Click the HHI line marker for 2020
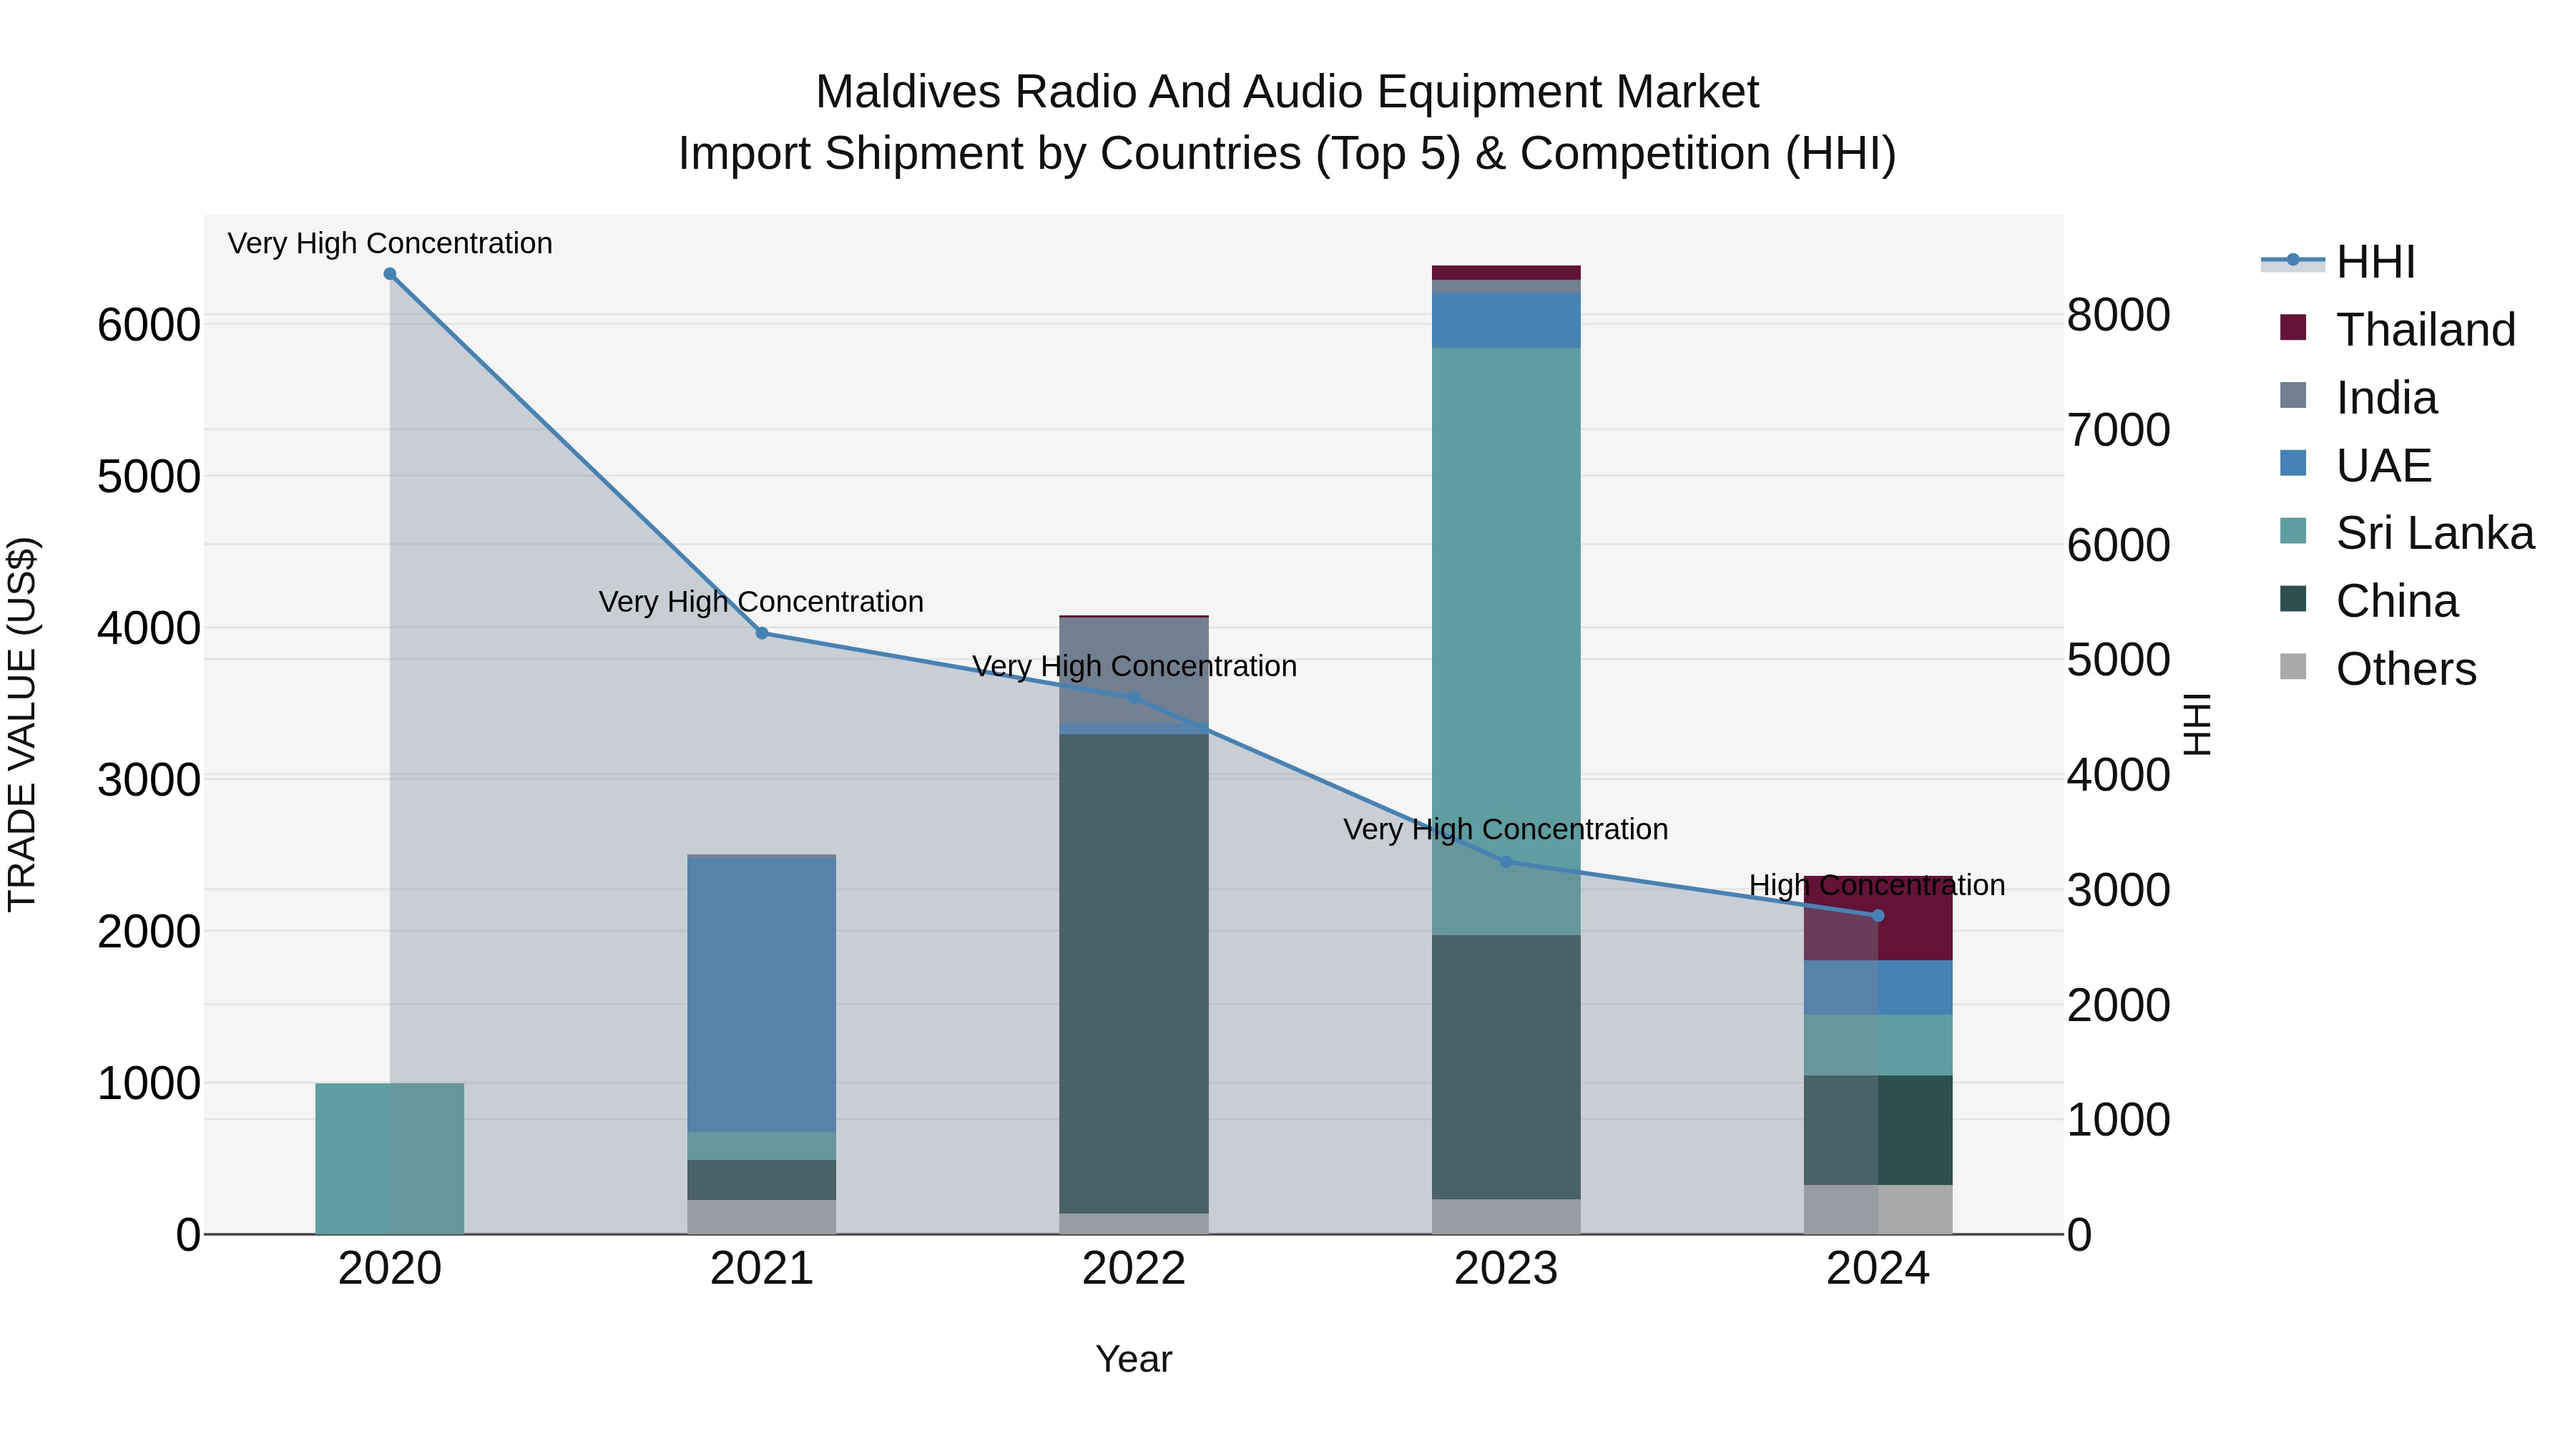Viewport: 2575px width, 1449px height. (x=390, y=274)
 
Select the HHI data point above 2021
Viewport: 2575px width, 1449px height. (x=762, y=633)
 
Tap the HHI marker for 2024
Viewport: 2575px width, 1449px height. (x=1878, y=916)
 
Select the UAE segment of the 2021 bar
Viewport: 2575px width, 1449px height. (x=762, y=995)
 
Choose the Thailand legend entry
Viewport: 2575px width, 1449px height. (x=2424, y=330)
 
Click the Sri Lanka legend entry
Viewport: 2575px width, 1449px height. (x=2434, y=533)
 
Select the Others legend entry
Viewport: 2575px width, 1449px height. (x=2405, y=669)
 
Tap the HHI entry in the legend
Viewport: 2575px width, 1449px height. (x=2375, y=262)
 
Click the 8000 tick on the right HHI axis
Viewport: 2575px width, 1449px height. (x=2118, y=315)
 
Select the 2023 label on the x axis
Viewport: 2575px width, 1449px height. (x=1506, y=1269)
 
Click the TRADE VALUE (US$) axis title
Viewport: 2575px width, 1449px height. (x=22, y=724)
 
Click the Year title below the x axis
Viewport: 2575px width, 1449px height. (x=1134, y=1359)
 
